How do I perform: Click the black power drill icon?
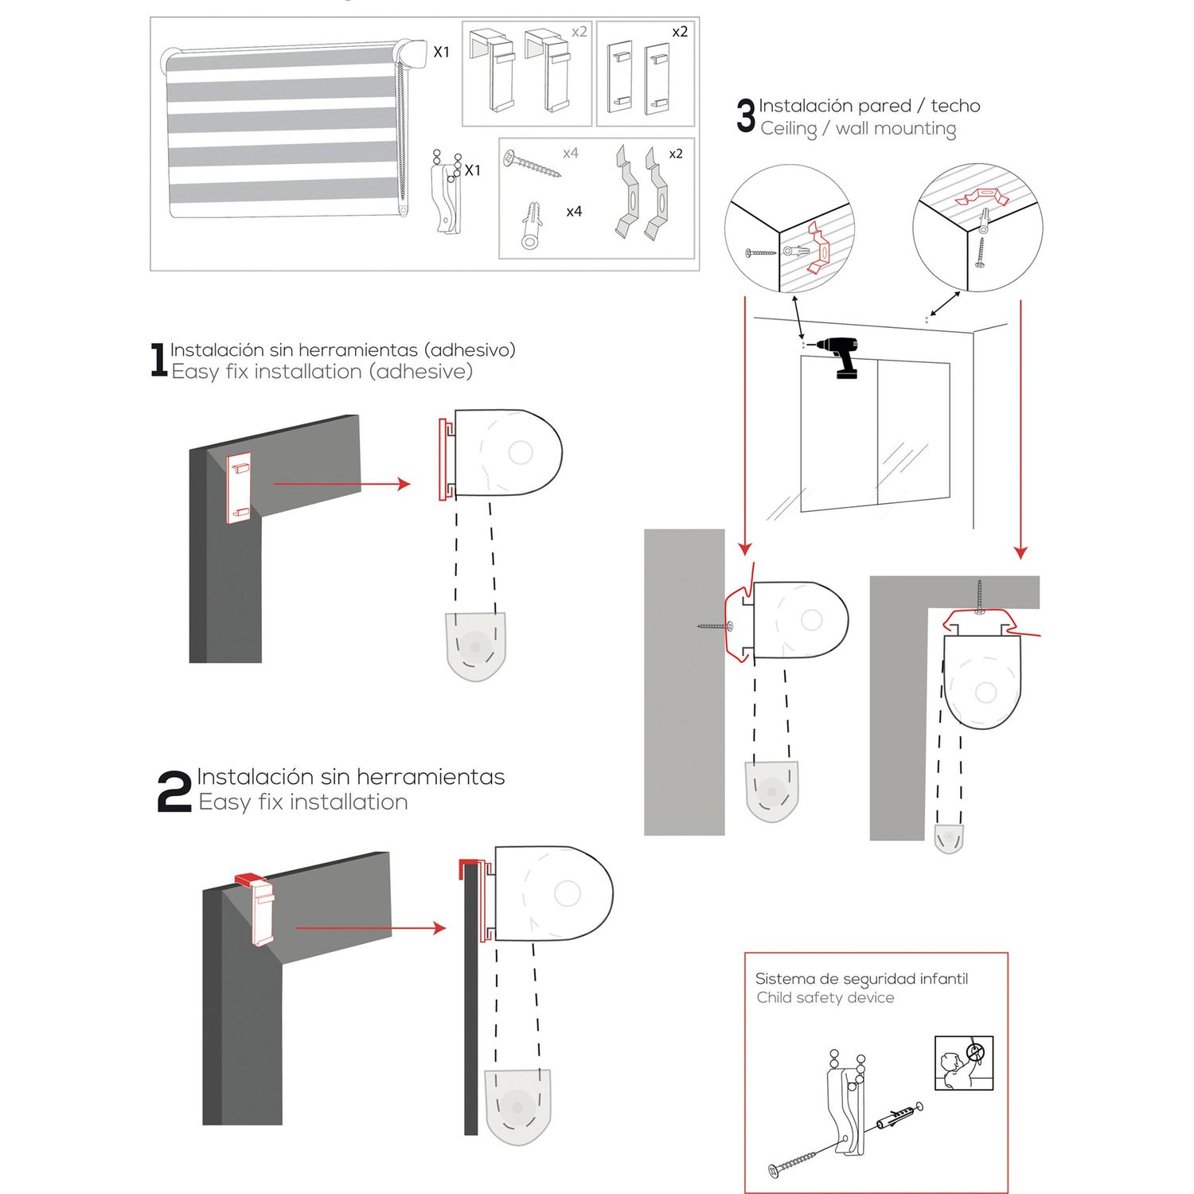tap(841, 357)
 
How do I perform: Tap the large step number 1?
tap(158, 360)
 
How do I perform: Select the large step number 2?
tap(174, 791)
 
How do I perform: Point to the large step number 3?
tap(746, 116)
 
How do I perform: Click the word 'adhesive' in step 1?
tap(423, 372)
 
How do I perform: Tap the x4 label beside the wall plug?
tap(574, 212)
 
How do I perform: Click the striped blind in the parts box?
tap(283, 131)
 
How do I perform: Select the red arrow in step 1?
tap(341, 483)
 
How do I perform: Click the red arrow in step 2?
tap(370, 927)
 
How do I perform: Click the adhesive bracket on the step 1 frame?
tap(239, 488)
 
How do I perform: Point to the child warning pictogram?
tap(964, 1063)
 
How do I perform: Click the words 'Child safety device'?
tap(825, 998)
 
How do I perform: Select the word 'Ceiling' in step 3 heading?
tap(788, 129)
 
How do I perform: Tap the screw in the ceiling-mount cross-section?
tap(979, 597)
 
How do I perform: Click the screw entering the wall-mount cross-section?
tap(714, 626)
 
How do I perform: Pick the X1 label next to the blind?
tap(441, 53)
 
